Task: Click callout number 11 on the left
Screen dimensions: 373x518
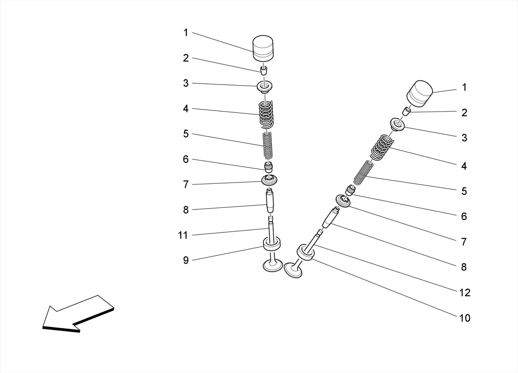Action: coord(183,235)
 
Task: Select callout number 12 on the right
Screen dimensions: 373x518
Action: coord(465,293)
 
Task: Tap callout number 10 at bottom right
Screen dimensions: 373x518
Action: coord(465,318)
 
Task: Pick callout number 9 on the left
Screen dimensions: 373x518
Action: coord(186,260)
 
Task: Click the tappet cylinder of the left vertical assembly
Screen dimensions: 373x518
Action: coord(263,48)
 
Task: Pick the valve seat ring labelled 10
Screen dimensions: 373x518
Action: coord(306,252)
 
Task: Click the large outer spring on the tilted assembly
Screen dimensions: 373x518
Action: coord(382,148)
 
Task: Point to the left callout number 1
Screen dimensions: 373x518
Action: coord(186,33)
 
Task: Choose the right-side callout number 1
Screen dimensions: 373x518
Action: coord(464,87)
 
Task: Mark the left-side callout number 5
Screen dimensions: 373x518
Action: coord(186,134)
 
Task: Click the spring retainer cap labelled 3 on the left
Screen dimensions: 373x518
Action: coord(265,86)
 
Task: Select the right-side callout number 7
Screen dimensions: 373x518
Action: coord(464,242)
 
